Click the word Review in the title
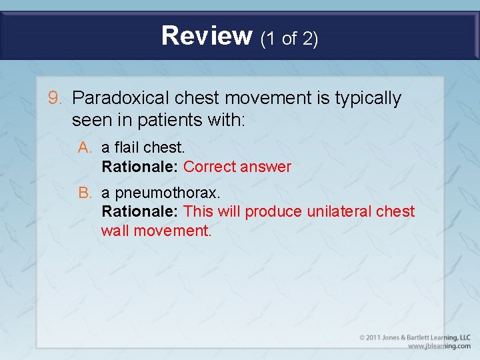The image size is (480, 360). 206,36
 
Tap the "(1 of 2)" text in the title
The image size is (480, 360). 289,39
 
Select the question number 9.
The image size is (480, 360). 55,99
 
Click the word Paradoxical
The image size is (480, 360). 121,99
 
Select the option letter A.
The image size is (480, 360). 84,147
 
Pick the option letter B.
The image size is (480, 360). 84,193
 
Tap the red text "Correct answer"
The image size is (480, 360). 237,167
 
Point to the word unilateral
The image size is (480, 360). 339,212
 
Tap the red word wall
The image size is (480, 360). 115,231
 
